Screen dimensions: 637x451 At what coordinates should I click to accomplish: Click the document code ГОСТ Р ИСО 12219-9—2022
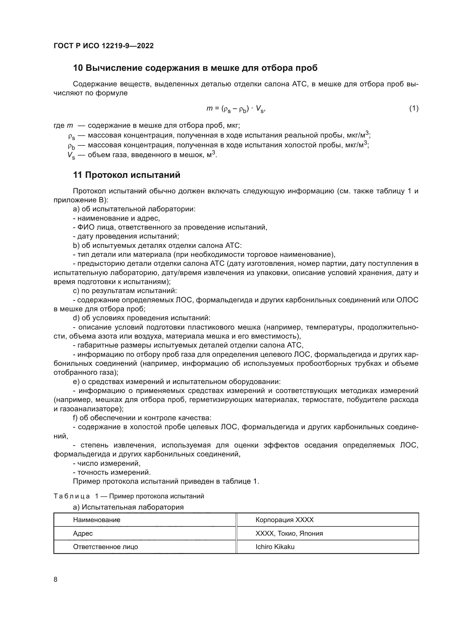[x=104, y=46]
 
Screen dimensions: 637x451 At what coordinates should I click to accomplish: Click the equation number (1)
[x=414, y=108]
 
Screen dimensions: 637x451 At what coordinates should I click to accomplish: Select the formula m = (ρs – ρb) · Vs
[x=236, y=109]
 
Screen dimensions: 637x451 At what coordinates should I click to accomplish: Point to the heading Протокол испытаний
[x=133, y=175]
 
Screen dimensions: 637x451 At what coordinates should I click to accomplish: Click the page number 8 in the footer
[x=56, y=579]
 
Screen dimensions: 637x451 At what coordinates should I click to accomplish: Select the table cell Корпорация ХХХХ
[x=284, y=520]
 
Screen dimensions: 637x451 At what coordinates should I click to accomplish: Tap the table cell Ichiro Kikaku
[x=275, y=547]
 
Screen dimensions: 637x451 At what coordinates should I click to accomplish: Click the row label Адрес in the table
[x=83, y=533]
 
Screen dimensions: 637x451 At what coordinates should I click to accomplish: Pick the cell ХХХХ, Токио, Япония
[x=289, y=533]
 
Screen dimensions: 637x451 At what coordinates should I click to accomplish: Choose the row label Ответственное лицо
[x=106, y=547]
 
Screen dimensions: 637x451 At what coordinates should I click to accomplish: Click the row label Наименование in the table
[x=97, y=520]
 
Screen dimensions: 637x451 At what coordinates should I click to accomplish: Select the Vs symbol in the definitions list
[x=71, y=155]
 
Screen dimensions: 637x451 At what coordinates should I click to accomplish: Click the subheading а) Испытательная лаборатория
[x=128, y=507]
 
